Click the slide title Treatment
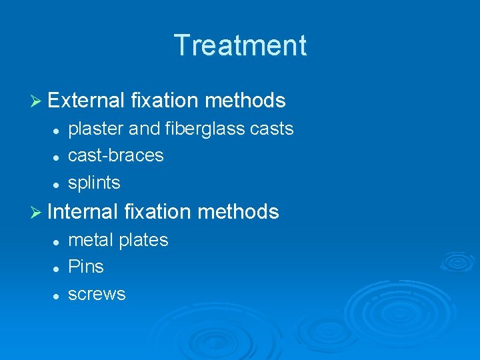coord(240,45)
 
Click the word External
coord(87,101)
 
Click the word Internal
coord(83,212)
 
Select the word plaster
coord(91,129)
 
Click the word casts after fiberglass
coord(271,129)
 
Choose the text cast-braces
coord(116,155)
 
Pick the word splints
coord(95,183)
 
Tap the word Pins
coord(86,267)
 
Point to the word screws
coord(97,294)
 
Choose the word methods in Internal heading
coord(238,212)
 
